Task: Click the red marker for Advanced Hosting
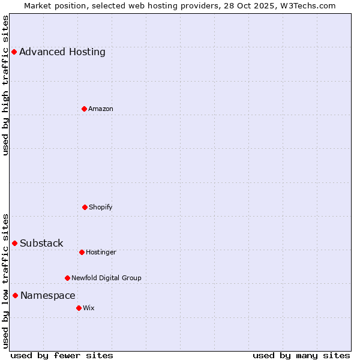tap(14, 52)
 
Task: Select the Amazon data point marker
tap(84, 109)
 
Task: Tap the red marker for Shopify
tap(85, 207)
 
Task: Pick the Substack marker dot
tap(14, 243)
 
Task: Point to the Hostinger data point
tap(82, 252)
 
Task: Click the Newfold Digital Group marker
tap(67, 278)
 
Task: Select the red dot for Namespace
tap(15, 295)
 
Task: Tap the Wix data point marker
tap(79, 308)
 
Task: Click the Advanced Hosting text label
tap(62, 52)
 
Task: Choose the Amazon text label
tap(101, 109)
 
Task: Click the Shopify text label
tap(101, 207)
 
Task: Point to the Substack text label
tap(41, 243)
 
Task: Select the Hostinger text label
tap(101, 252)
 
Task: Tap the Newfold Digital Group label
tap(106, 278)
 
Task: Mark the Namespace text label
tap(48, 295)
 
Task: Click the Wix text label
tap(89, 308)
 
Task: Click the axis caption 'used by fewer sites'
tap(62, 355)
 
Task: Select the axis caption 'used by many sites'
tap(301, 355)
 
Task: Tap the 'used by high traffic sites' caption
tap(5, 85)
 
